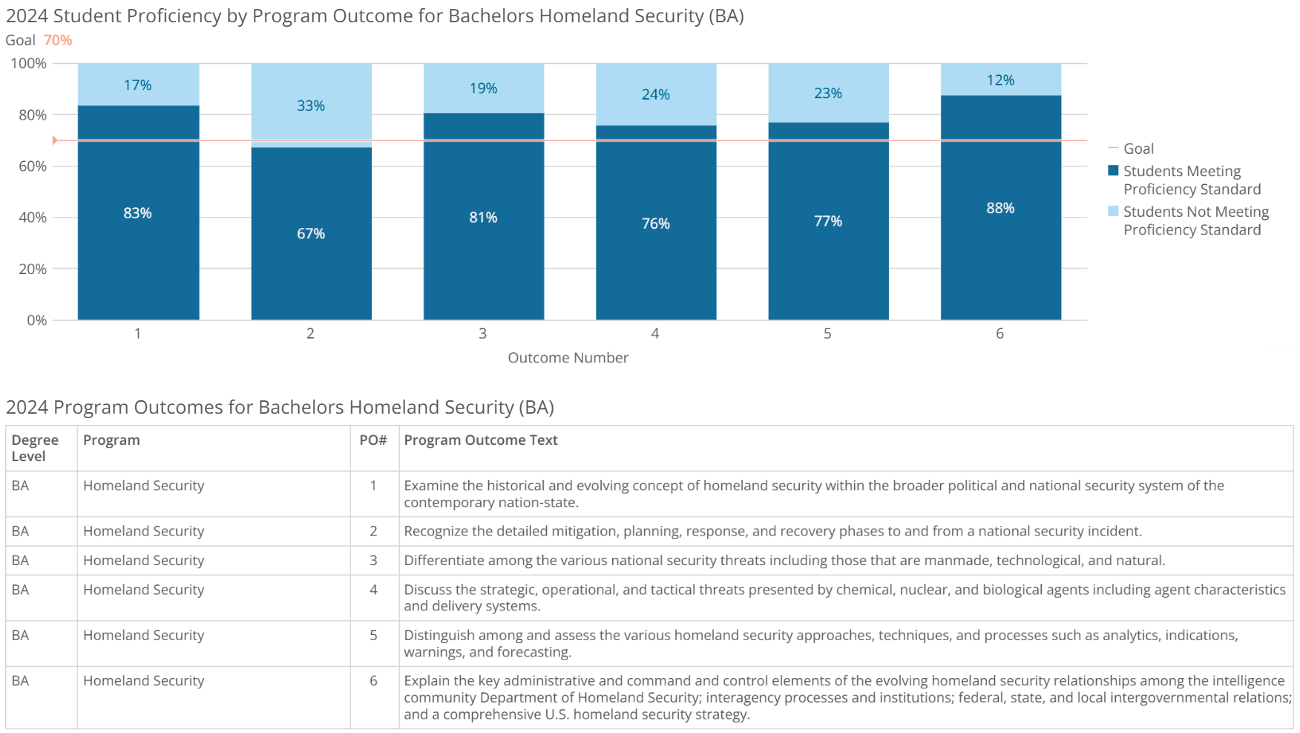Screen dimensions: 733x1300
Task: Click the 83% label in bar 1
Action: click(137, 213)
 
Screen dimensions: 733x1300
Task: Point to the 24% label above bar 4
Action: click(655, 94)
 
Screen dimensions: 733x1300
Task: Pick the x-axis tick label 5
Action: click(827, 333)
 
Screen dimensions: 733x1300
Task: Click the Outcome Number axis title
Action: click(568, 357)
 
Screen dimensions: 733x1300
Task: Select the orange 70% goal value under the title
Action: click(58, 40)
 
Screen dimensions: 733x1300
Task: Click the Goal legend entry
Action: click(1138, 149)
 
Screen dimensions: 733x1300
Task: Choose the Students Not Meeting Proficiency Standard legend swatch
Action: click(1113, 212)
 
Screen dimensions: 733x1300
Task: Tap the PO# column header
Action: click(373, 440)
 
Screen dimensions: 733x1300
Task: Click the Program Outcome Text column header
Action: click(480, 440)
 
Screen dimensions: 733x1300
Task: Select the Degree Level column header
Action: click(34, 448)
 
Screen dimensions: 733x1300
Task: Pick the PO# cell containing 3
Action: click(373, 560)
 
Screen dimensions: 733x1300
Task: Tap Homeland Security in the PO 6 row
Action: click(143, 680)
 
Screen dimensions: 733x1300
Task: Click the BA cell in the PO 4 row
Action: click(20, 590)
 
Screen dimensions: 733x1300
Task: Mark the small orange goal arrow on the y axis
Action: click(54, 140)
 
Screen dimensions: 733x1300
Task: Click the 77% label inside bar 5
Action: click(827, 221)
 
